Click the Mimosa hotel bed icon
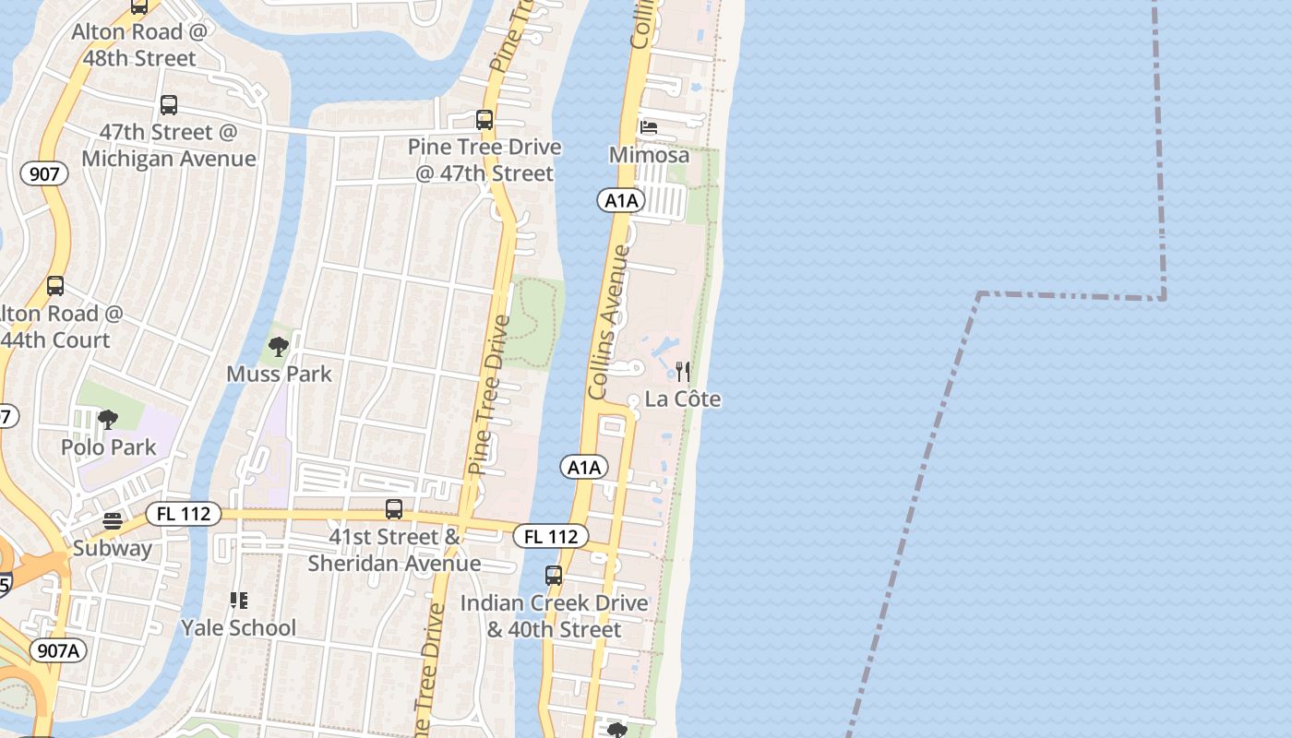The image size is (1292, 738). click(649, 127)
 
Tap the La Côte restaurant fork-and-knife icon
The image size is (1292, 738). click(683, 372)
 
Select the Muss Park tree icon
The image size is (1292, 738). click(279, 347)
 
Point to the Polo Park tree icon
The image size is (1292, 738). click(108, 420)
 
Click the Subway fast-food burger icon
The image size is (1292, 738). click(113, 521)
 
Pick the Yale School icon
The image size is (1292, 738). click(239, 601)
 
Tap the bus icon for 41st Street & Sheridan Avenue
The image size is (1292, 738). click(394, 509)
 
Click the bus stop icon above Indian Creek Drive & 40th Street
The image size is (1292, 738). click(554, 576)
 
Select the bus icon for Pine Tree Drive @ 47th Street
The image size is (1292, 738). click(484, 120)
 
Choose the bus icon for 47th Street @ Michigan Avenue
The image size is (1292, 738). click(169, 105)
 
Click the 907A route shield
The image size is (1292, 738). click(60, 650)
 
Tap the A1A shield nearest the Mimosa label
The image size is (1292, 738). click(620, 200)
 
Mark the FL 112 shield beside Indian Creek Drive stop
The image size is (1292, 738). click(551, 536)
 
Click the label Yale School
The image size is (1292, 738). click(239, 628)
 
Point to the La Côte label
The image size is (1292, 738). click(683, 399)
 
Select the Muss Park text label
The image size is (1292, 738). click(279, 374)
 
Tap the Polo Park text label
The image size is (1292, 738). click(108, 447)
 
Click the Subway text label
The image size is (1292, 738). click(113, 548)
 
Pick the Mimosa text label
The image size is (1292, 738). click(649, 154)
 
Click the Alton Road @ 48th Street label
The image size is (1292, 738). click(140, 45)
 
